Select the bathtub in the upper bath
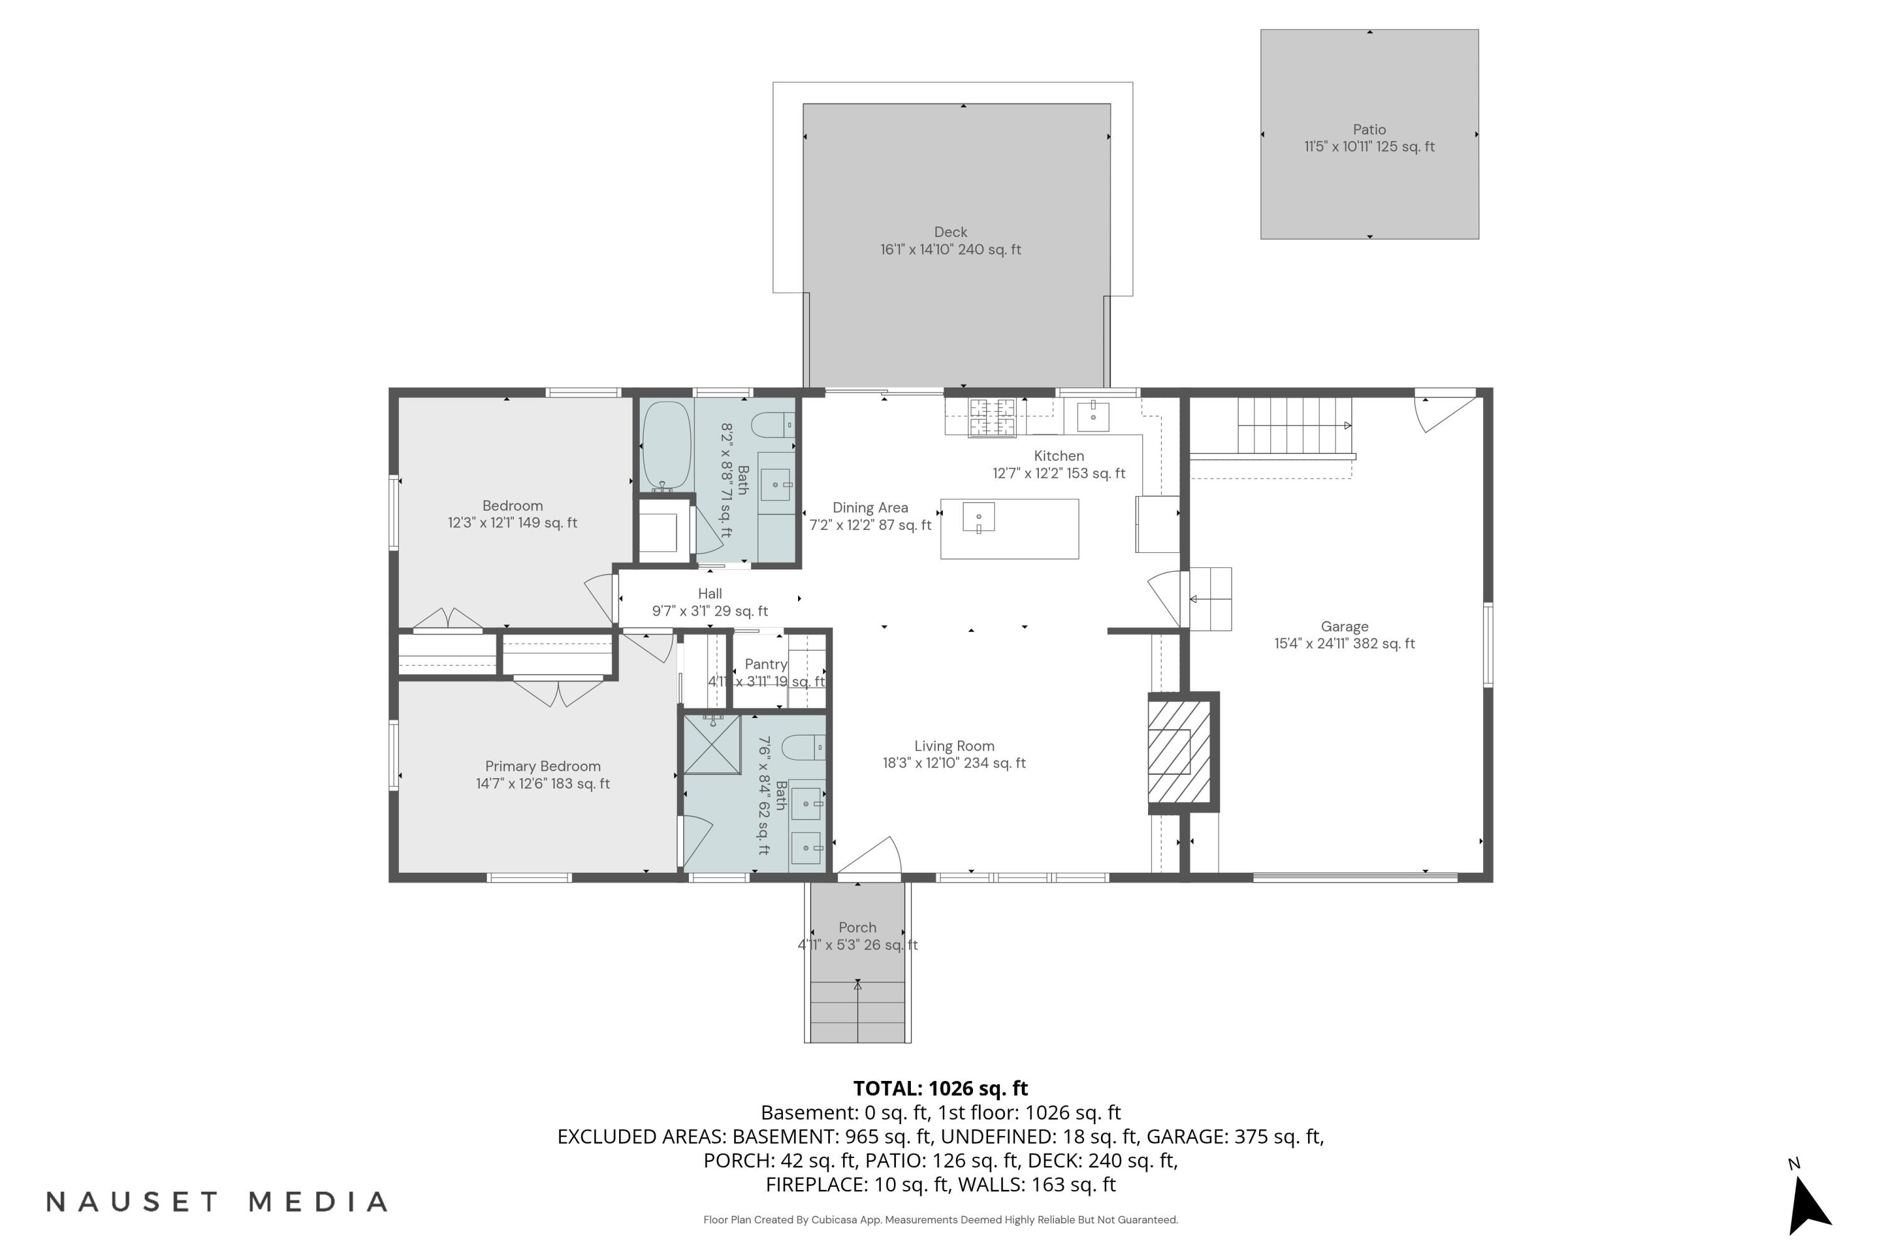coord(666,445)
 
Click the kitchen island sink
coord(978,517)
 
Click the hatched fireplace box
coord(1179,752)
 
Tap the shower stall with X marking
coord(711,745)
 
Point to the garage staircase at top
coord(1294,426)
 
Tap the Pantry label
coord(766,665)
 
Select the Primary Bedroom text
coord(543,766)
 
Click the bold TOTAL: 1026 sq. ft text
coord(940,1088)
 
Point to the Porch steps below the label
coord(857,1013)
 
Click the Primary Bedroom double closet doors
coord(558,692)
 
